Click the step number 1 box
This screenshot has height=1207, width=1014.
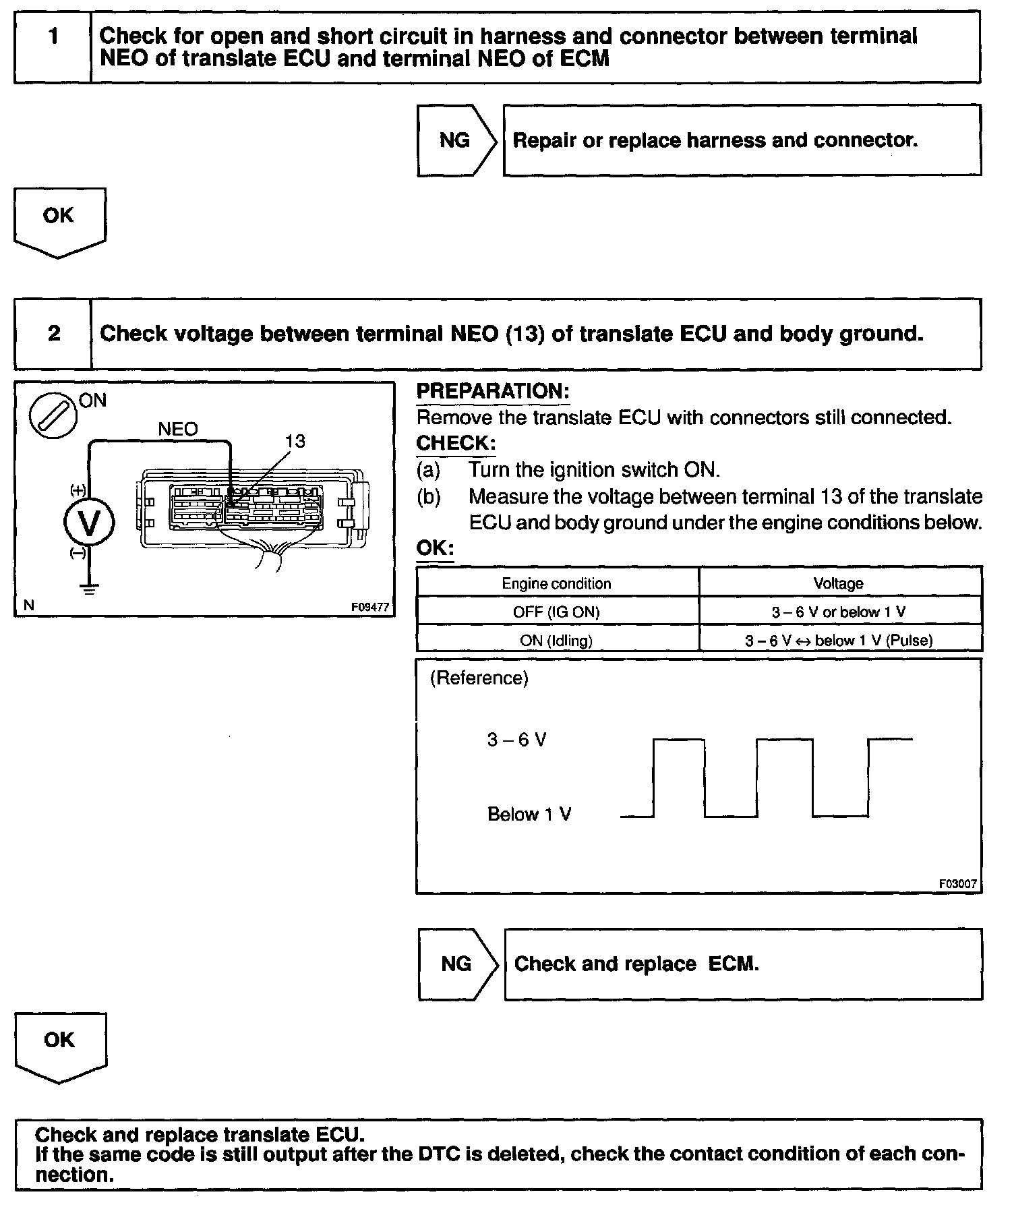pos(53,47)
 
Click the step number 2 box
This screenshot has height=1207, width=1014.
pos(53,334)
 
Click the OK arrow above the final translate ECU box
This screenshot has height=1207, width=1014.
pos(59,1045)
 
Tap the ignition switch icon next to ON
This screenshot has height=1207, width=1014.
pos(53,413)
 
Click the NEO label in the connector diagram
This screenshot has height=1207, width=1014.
pos(178,430)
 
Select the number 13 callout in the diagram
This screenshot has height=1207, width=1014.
pos(295,442)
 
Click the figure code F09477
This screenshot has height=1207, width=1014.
pos(369,607)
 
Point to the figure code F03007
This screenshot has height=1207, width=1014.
pos(957,883)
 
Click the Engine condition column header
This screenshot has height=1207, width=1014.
pos(556,584)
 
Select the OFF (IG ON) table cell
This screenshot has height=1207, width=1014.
pos(556,612)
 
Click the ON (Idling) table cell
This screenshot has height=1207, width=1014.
pos(556,641)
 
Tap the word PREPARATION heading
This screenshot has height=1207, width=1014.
pos(493,392)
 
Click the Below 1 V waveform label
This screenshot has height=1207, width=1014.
pos(529,815)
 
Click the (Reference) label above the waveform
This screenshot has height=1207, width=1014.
pos(479,678)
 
